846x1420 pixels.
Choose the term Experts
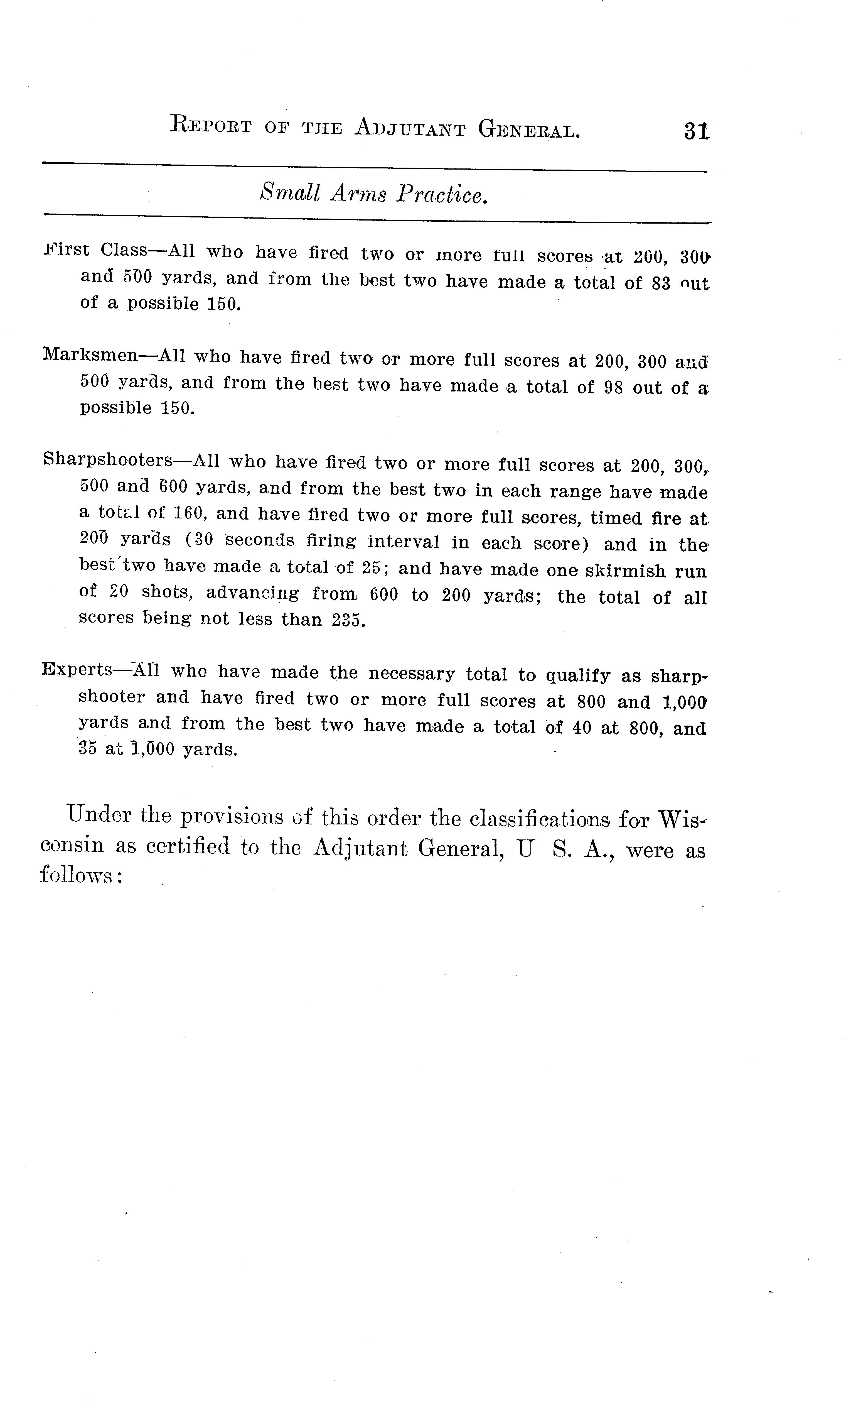(x=78, y=669)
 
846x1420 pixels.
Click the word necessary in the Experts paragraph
(x=412, y=674)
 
